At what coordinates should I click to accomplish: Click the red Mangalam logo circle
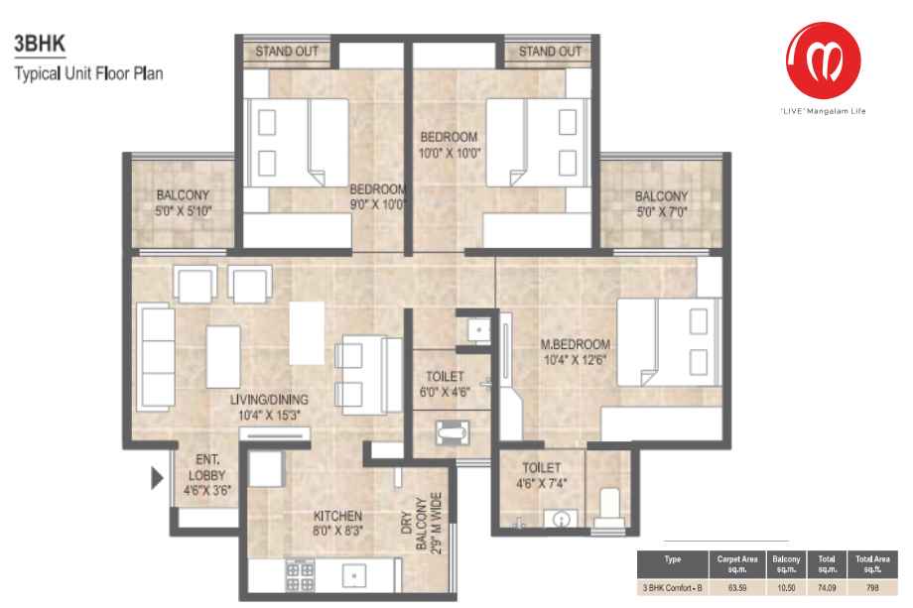pos(823,60)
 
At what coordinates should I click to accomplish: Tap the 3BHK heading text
pos(40,44)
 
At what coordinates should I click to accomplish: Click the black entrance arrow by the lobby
pos(157,478)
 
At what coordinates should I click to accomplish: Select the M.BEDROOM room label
pos(575,344)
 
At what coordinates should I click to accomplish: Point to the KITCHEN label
pos(337,516)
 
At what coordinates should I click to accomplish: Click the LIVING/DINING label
pos(269,400)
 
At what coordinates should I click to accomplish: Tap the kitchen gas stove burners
pos(300,576)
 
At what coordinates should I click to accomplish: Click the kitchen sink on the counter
pos(354,575)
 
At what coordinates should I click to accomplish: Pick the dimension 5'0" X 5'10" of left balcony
pos(183,211)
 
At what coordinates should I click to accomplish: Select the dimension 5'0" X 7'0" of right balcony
pos(662,212)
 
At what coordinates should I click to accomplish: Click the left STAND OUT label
pos(287,52)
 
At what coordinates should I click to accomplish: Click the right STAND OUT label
pos(550,52)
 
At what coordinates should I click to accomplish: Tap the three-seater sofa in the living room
pos(156,357)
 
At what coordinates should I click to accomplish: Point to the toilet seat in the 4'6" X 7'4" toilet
pos(609,509)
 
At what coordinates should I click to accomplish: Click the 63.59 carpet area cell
pos(737,588)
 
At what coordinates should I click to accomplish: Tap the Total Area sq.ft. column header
pos(872,564)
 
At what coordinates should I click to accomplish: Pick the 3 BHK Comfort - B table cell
pos(672,588)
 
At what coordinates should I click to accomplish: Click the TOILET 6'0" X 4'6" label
pos(445,384)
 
